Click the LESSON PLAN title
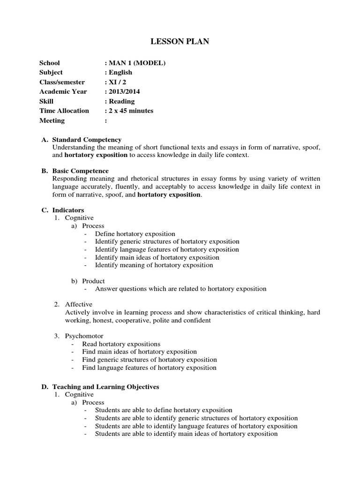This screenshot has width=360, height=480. tap(180, 42)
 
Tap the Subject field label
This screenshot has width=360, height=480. tap(51, 72)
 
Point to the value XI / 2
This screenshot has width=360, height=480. tap(117, 82)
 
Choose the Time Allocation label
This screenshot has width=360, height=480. tap(64, 111)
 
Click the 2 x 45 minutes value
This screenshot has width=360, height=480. tap(131, 111)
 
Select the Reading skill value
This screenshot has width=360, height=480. tap(121, 101)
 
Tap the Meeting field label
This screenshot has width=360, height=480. tap(52, 120)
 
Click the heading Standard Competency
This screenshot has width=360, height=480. tap(87, 140)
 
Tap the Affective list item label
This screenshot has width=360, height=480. tap(79, 304)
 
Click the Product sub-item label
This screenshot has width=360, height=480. tap(93, 281)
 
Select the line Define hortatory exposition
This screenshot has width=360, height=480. tap(135, 233)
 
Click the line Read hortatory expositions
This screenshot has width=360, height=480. tap(127, 344)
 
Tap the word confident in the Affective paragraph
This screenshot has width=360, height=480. tap(198, 320)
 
